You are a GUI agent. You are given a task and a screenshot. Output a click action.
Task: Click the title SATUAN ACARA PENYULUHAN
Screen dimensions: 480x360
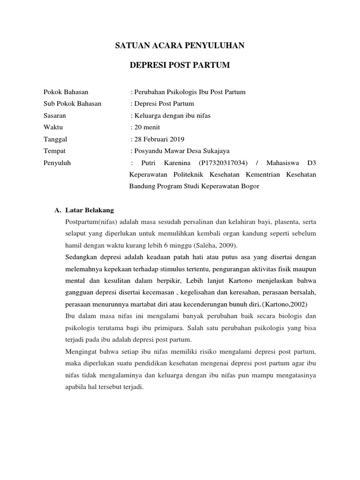[x=180, y=45]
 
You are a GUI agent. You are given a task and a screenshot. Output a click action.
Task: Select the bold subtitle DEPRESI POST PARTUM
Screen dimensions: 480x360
[x=180, y=65]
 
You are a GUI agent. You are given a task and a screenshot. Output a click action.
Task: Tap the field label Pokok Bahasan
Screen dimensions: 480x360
[x=66, y=92]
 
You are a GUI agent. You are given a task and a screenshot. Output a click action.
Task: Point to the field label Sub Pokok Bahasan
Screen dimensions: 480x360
[x=72, y=104]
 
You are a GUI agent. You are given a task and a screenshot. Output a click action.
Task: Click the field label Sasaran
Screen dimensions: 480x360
[x=54, y=115]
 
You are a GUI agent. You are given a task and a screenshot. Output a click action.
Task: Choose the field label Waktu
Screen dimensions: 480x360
[x=53, y=127]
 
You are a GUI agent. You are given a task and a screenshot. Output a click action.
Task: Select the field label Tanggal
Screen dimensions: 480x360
[x=55, y=139]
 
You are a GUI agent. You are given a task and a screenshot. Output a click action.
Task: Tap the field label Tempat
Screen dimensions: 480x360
[x=54, y=151]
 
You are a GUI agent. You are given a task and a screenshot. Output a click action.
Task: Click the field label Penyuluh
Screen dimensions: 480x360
[x=56, y=163]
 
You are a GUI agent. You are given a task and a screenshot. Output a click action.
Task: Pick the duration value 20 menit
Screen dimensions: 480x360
[x=147, y=127]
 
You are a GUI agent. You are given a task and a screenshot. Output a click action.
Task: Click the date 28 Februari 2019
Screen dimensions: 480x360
[x=158, y=139]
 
